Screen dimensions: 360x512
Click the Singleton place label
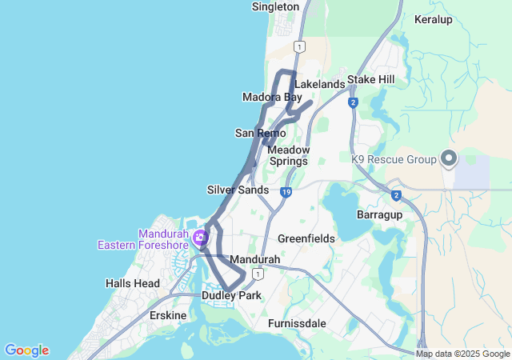275,6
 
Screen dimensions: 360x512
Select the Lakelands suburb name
319,84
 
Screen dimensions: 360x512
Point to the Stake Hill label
371,80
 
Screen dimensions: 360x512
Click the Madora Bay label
272,98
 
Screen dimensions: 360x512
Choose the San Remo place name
255,133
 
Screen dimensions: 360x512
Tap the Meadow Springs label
287,155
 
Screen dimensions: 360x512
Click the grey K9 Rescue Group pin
448,158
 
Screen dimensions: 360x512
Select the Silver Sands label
238,190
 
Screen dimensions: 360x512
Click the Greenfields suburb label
306,238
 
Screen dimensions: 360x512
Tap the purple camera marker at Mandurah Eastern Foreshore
200,237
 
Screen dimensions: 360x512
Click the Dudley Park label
232,295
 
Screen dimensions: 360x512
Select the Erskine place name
168,315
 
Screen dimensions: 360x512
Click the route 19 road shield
286,192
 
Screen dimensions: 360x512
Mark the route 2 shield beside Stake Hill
353,102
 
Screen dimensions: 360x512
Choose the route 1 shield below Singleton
298,46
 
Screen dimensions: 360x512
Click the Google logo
26,350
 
